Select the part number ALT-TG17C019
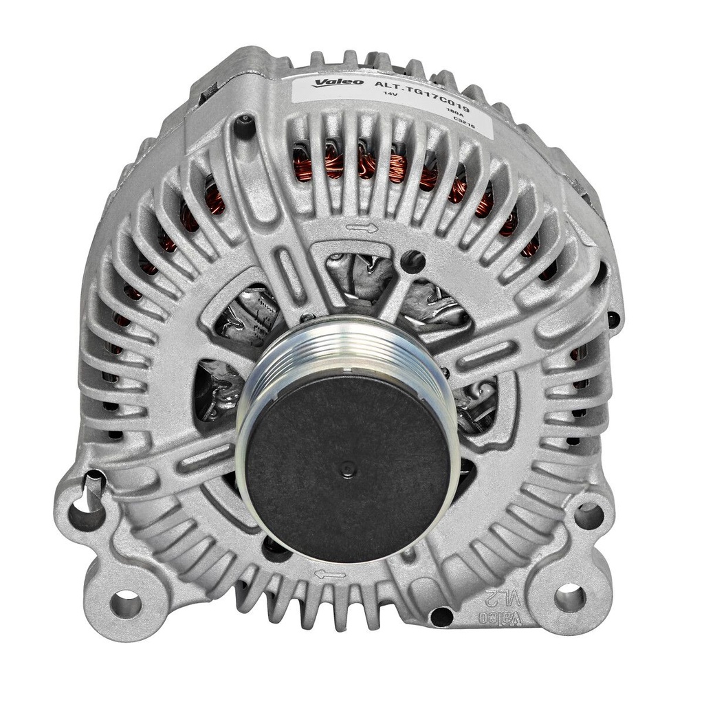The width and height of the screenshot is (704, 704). pos(421,96)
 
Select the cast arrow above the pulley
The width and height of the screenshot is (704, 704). pos(362,228)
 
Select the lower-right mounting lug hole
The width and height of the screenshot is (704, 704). pos(570,597)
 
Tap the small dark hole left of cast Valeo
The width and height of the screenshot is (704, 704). pos(441,616)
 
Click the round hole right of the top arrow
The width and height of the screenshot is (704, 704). pos(413,261)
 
